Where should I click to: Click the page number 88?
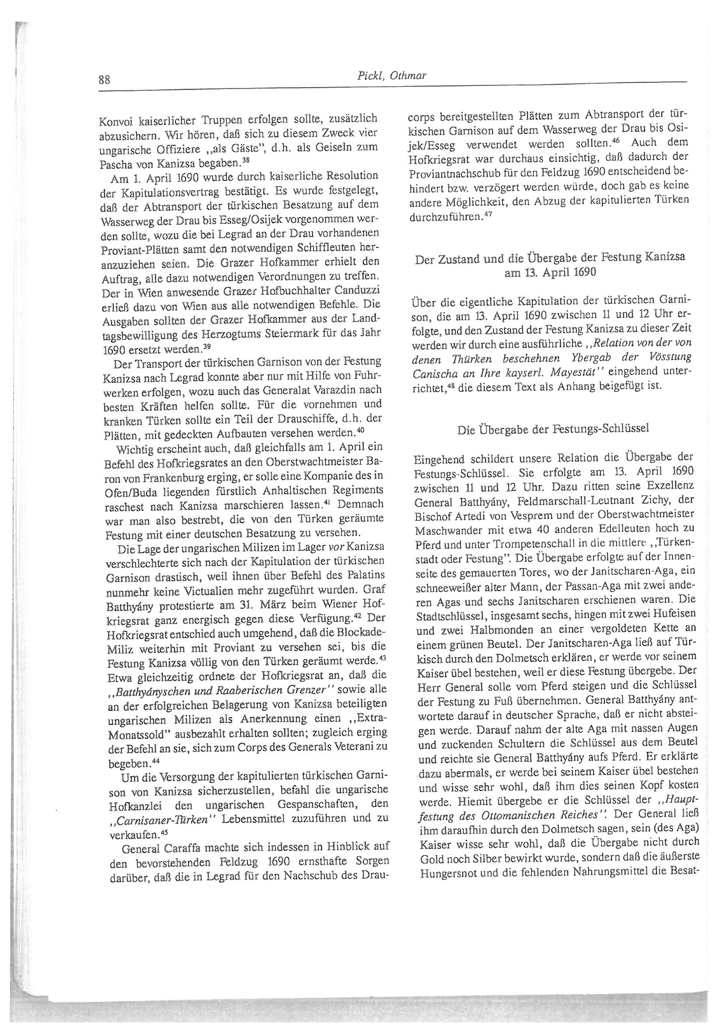click(104, 80)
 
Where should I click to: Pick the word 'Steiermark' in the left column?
click(293, 335)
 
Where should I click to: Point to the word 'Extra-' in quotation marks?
click(365, 717)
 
